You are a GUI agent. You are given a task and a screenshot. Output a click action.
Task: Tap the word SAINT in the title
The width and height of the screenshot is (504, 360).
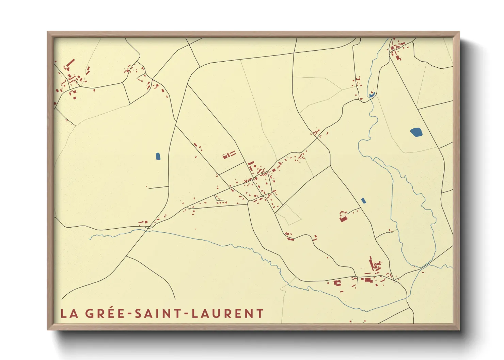158,313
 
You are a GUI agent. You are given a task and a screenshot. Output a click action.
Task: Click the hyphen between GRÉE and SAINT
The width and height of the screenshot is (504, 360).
130,314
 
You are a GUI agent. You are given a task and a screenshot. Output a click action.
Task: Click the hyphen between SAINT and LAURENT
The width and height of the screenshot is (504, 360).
186,314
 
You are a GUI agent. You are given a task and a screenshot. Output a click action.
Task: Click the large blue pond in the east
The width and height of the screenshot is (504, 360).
416,132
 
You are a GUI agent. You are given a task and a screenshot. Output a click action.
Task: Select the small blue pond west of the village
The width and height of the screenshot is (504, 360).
158,156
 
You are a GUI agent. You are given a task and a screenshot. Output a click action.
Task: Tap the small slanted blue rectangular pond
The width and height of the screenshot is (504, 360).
363,200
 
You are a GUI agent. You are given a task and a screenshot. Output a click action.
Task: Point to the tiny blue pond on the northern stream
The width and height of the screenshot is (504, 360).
372,94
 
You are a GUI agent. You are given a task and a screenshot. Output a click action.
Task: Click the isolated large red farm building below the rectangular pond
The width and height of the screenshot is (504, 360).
343,219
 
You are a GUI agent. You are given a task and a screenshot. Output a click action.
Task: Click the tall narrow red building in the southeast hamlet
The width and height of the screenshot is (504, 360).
371,263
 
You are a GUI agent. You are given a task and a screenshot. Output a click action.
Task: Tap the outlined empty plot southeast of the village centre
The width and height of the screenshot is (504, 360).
288,214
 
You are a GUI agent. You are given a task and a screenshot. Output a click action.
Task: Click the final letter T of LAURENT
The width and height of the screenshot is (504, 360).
260,313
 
